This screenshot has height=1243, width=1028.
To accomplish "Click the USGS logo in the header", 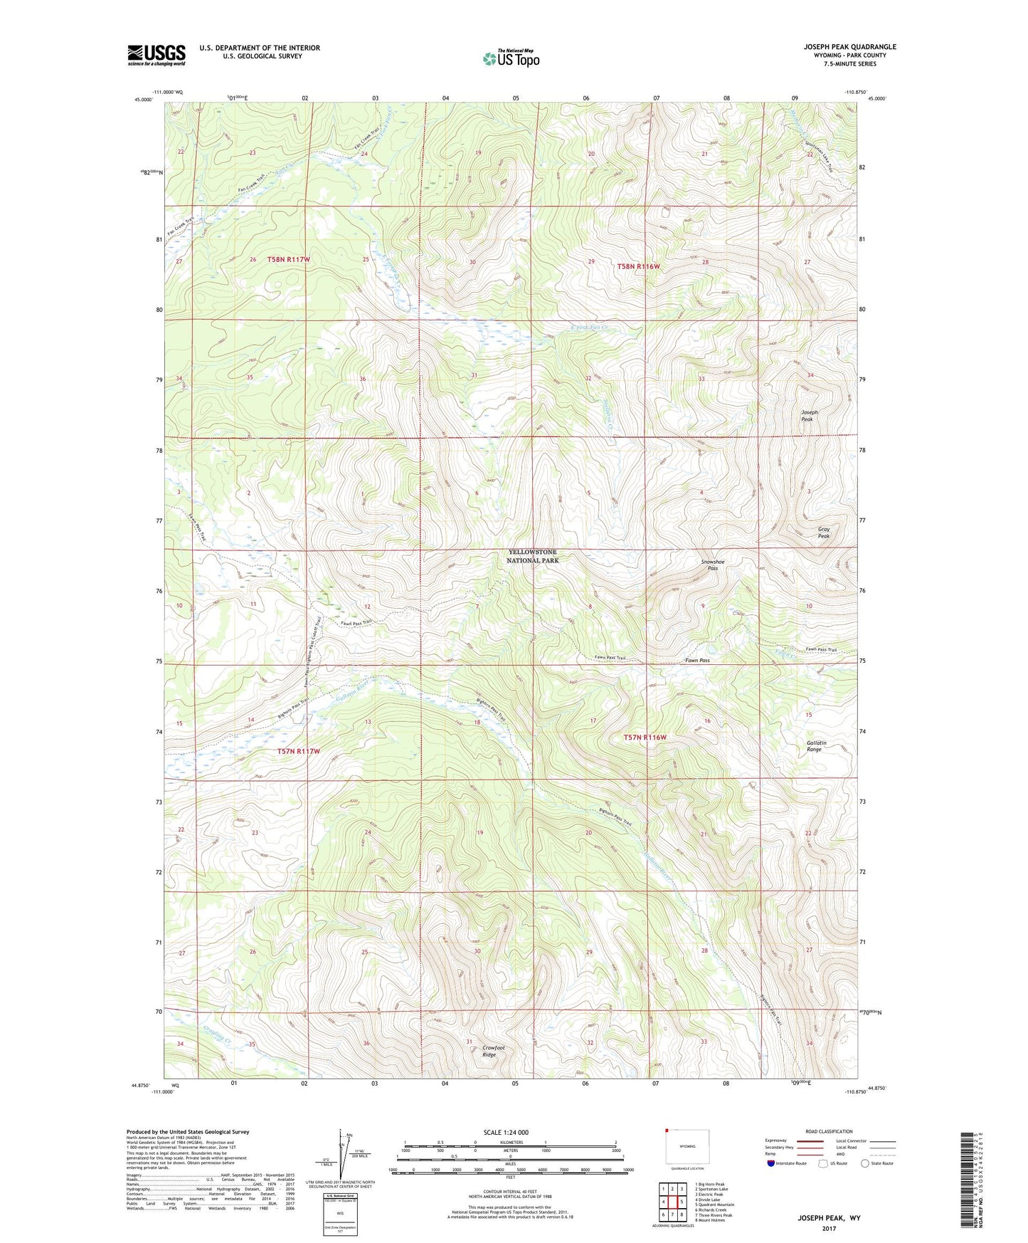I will pos(156,55).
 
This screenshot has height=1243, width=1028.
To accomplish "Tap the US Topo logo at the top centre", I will pos(511,58).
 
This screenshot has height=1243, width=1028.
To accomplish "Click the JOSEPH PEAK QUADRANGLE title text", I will pos(849,47).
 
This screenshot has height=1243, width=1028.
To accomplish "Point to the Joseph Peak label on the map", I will pos(809,416).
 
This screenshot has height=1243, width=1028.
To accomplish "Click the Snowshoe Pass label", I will pos(712,565).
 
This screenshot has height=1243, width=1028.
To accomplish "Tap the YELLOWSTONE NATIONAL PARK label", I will pos(532,556).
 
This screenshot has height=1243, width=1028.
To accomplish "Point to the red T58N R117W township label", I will pos(288,260).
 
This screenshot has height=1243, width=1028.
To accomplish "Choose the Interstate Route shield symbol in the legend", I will pos(772,1163).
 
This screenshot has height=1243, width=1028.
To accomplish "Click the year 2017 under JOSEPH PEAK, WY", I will pos(828,1228).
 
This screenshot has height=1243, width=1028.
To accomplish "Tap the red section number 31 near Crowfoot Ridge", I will pos(469,1042).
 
